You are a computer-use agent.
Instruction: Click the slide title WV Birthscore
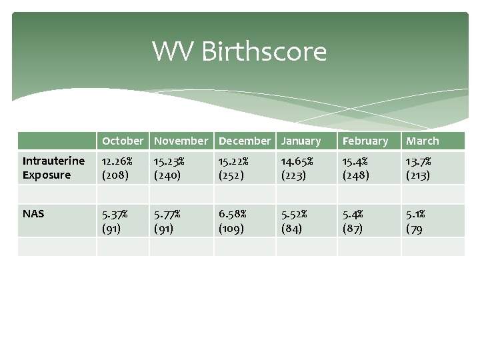(x=239, y=51)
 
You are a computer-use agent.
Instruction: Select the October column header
(x=123, y=141)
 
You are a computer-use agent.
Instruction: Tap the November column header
(x=181, y=141)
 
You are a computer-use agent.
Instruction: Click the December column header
(x=245, y=141)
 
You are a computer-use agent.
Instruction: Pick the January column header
(x=301, y=141)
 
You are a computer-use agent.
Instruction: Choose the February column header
(x=365, y=141)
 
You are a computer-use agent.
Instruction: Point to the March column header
(x=423, y=141)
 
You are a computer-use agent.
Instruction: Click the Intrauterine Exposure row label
(x=54, y=168)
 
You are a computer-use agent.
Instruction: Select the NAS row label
(x=33, y=214)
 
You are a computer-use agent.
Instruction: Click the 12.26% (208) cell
(x=117, y=168)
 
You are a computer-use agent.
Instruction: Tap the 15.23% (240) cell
(x=169, y=168)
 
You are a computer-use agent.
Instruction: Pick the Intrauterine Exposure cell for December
(x=233, y=168)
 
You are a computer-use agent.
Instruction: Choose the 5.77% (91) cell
(x=169, y=221)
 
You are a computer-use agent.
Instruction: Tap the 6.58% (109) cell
(x=233, y=221)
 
